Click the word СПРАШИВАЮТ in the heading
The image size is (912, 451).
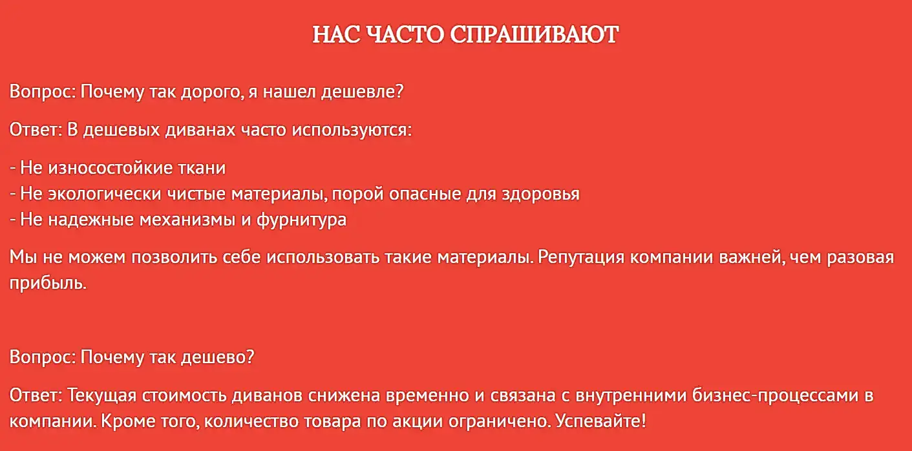[534, 34]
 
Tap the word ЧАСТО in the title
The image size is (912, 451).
[405, 34]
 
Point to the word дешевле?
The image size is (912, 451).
[363, 92]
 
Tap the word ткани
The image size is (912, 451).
[202, 168]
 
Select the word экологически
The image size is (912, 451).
[105, 194]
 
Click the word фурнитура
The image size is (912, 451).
[301, 220]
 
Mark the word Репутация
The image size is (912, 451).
[580, 258]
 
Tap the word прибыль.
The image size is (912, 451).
[48, 283]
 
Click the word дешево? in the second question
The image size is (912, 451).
[217, 357]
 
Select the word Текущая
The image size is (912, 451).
[101, 395]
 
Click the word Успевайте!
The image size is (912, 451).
[600, 421]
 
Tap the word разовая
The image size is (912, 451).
[860, 258]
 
